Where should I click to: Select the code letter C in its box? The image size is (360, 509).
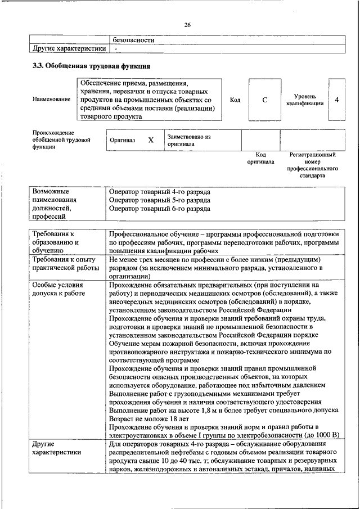point(264,100)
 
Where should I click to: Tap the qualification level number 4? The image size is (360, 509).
point(336,100)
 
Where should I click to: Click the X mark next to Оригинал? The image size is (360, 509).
point(151,140)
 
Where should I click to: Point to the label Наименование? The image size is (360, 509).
point(52,100)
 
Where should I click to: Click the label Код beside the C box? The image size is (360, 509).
point(236,100)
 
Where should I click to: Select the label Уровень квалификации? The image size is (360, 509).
point(304,100)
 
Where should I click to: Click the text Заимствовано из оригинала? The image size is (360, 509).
point(188,140)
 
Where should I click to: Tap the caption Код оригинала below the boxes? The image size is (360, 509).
point(260,158)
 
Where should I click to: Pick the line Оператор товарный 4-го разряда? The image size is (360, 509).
point(160,191)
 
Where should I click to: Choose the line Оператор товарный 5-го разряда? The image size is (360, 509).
point(160,200)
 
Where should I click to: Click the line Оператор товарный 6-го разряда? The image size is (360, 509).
point(160,208)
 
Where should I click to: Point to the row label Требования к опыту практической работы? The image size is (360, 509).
point(64,264)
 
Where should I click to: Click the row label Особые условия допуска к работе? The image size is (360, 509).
point(58,289)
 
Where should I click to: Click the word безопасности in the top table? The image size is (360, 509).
point(134,40)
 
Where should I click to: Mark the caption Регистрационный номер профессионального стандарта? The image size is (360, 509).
point(312,165)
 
